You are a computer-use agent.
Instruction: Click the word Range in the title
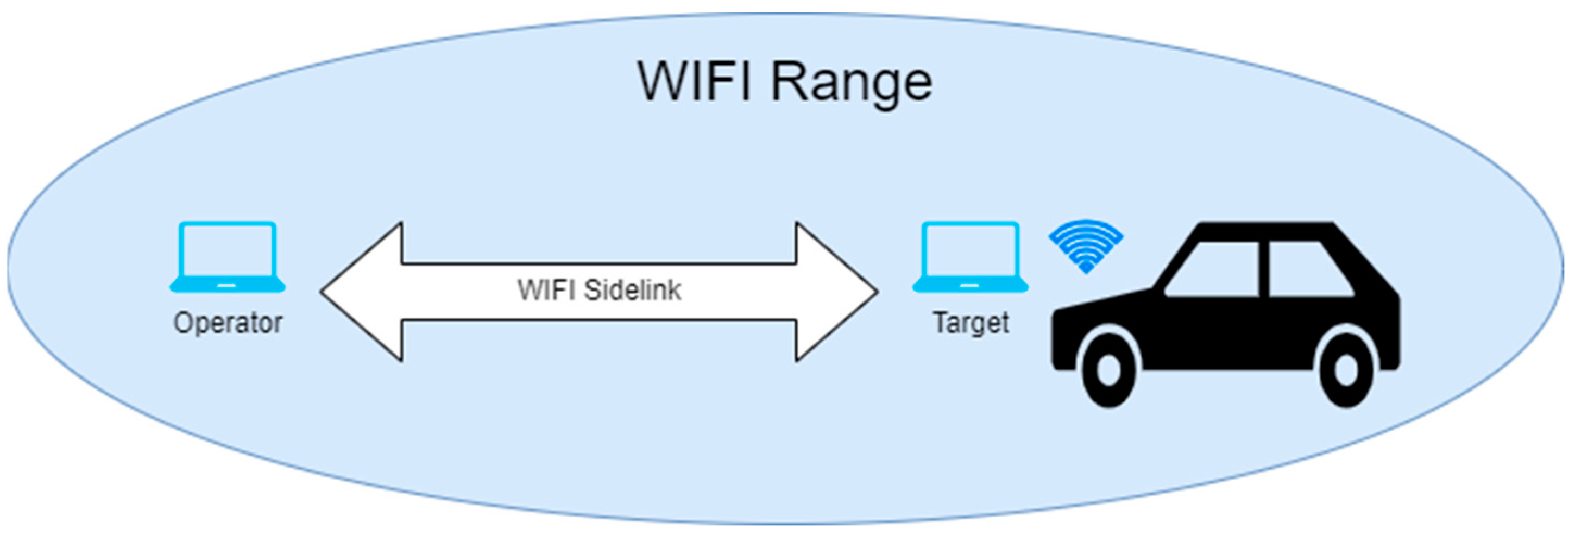pos(851,84)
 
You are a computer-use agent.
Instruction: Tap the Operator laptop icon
pos(227,257)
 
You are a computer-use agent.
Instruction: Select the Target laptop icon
pos(971,257)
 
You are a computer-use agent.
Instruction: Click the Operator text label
pos(228,322)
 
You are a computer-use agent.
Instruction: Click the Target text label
pos(971,322)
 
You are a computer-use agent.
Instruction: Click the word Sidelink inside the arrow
pos(632,290)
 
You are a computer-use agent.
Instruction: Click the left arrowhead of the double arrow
pos(361,292)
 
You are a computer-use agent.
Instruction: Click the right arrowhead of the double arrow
pos(837,292)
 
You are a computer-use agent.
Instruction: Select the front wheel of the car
pos(1108,370)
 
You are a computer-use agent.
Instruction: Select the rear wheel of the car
pos(1345,370)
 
